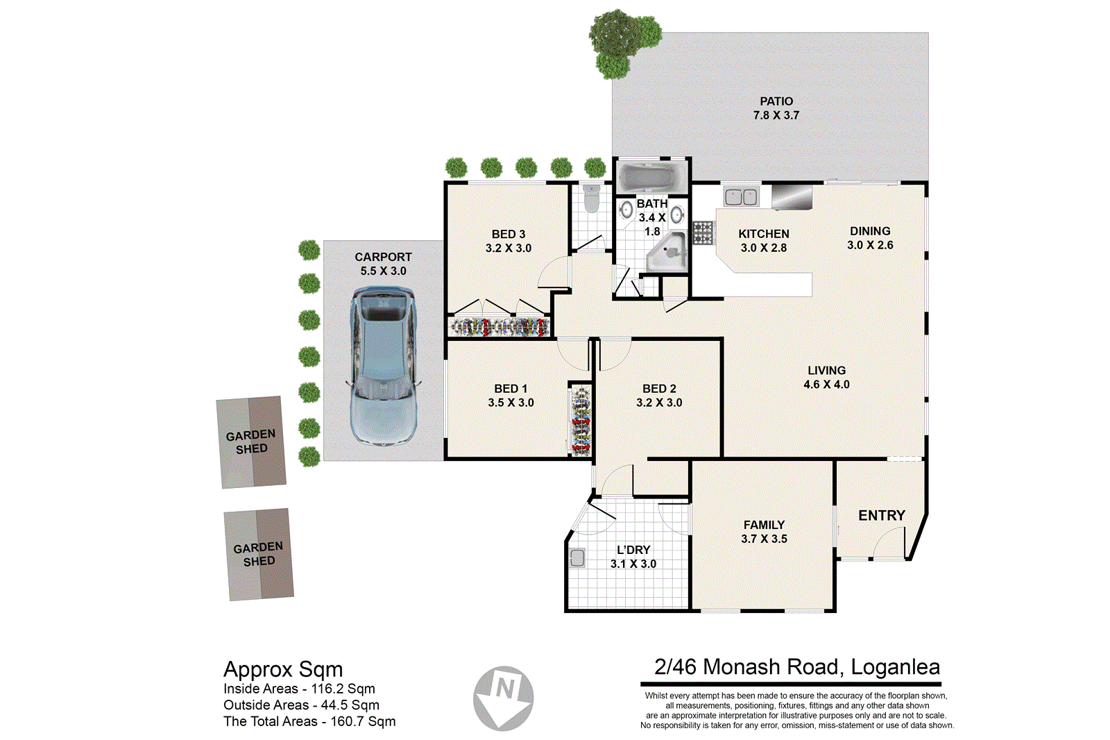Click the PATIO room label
[x=776, y=101]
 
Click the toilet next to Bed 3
[x=591, y=199]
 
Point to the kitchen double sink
[x=740, y=197]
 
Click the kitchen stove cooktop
[x=703, y=233]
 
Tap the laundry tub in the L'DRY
[x=577, y=557]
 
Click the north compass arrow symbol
[x=504, y=698]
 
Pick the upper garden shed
[x=251, y=442]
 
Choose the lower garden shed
[x=259, y=554]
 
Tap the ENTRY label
[x=881, y=515]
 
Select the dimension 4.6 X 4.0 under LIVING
[x=826, y=385]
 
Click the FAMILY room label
[x=764, y=525]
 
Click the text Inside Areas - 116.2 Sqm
[x=299, y=689]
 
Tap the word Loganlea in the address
[x=895, y=667]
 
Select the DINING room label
[x=870, y=231]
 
